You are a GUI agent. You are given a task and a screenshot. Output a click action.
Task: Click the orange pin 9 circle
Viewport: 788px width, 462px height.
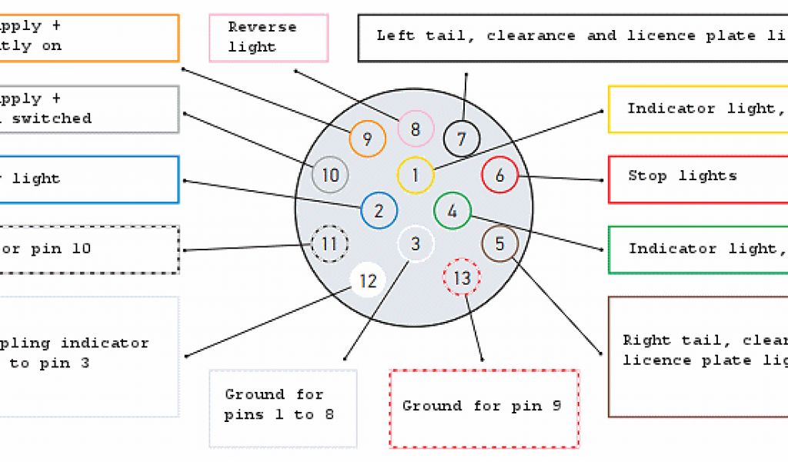367,139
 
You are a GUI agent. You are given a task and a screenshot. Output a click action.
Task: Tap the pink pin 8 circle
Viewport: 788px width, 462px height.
416,129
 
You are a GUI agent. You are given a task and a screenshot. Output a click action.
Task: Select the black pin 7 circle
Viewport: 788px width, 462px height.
462,139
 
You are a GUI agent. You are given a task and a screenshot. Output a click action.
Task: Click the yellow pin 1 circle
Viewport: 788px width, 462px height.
416,175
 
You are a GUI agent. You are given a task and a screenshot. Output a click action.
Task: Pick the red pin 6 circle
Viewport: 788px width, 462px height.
499,176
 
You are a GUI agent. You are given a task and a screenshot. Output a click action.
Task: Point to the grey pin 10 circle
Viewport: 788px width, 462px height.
331,175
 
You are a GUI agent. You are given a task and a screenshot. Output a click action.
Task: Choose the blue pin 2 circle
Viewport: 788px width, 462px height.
379,211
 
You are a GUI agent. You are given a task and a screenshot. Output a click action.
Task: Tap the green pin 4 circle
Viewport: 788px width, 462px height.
452,211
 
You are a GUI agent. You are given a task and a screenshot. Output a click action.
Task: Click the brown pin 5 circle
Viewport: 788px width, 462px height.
499,244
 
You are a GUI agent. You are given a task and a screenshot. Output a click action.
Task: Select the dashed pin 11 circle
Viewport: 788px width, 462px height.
329,245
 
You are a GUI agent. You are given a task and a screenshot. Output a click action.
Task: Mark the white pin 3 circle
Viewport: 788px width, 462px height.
416,245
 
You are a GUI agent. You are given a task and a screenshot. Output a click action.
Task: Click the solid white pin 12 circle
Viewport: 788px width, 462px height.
368,281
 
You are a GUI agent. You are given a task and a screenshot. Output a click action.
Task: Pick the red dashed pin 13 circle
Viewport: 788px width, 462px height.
462,278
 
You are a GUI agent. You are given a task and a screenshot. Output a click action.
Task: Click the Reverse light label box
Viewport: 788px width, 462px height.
269,37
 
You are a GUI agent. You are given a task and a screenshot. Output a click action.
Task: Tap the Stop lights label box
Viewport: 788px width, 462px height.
697,179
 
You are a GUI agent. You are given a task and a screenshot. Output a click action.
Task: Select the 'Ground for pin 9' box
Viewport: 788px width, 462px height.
484,408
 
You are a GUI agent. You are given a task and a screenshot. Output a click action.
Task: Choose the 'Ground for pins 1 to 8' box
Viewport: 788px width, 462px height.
283,408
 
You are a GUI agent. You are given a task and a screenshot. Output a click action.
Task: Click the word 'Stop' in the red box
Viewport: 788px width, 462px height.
646,176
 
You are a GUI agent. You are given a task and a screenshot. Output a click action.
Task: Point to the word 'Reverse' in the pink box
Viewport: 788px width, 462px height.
262,27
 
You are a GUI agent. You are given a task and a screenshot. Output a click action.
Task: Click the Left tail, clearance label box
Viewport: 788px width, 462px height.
573,37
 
